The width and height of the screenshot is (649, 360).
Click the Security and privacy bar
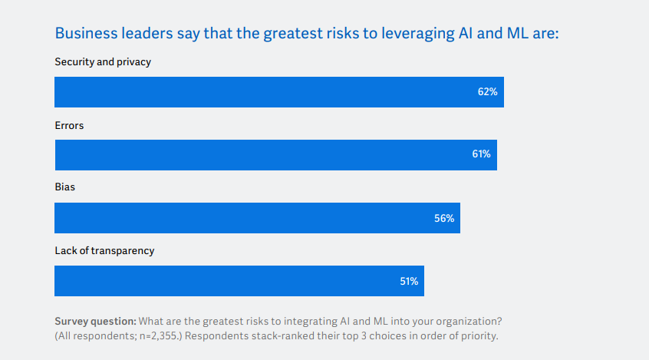coord(278,92)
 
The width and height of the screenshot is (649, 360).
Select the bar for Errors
coord(275,155)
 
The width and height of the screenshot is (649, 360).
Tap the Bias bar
coord(257,218)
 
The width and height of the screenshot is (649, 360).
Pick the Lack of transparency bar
coord(239,281)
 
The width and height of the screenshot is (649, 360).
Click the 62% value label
coord(487,92)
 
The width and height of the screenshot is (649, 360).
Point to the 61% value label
coord(481,155)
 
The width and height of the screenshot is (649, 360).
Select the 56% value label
coord(444,218)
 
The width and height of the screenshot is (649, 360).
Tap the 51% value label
coord(408,281)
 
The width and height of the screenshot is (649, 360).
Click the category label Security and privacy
coord(103,62)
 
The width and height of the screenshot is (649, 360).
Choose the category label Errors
coord(69,125)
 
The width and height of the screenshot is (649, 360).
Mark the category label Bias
coord(65,187)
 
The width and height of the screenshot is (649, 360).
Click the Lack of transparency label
coord(104,251)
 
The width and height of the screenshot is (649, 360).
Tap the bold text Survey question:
coord(95,320)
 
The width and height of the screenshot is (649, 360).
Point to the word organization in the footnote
coord(468,320)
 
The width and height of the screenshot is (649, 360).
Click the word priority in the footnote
coord(479,335)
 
